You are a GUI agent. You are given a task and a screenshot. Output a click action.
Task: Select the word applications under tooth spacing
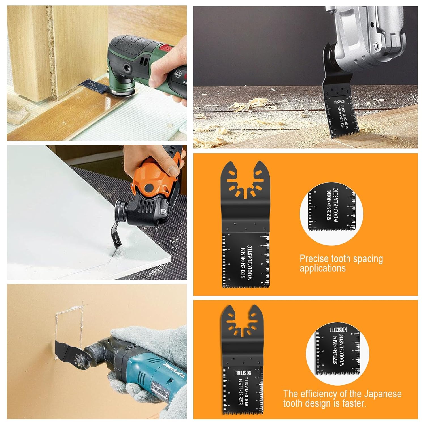point(322,268)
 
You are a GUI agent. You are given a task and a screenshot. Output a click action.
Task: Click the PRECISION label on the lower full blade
point(243,373)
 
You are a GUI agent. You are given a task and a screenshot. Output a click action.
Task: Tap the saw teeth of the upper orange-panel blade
point(245,285)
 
